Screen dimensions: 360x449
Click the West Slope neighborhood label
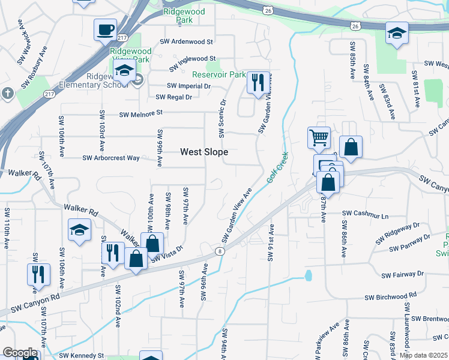[x=204, y=152]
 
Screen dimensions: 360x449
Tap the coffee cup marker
[x=105, y=29]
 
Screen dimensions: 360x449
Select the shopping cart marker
[x=319, y=137]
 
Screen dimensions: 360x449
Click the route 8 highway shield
[x=221, y=251]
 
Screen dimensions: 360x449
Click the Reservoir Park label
[x=218, y=75]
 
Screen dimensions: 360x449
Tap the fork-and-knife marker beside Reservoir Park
[x=258, y=83]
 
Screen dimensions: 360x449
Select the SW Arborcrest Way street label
[x=111, y=158]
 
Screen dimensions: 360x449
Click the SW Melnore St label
[x=141, y=113]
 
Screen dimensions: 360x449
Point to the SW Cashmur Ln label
[x=366, y=214]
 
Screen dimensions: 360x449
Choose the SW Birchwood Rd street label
[x=391, y=296]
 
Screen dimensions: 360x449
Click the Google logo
[x=20, y=352]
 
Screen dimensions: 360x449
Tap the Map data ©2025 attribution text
[x=423, y=355]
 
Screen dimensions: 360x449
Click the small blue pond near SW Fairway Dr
[x=309, y=275]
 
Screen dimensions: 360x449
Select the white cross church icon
[x=7, y=93]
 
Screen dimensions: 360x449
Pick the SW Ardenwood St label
[x=186, y=42]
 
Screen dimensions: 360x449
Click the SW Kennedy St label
[x=83, y=355]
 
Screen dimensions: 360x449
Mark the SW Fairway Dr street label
[x=402, y=274]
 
